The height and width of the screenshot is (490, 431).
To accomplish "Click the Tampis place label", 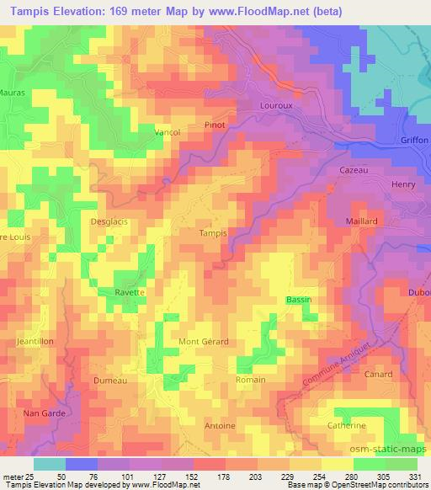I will click(x=212, y=233).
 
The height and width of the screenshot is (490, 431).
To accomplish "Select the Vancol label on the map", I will click(x=168, y=132).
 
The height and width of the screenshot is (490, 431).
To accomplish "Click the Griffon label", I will click(x=415, y=140).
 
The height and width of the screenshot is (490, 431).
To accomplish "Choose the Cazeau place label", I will click(x=355, y=170).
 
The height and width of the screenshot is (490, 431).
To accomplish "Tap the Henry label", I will click(x=404, y=184).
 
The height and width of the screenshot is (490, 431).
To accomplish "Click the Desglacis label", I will click(x=106, y=221).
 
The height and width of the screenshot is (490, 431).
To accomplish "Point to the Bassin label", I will click(x=298, y=301).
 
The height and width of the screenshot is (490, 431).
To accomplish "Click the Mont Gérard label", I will click(x=203, y=341).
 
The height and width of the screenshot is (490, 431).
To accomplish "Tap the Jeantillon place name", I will click(x=34, y=341).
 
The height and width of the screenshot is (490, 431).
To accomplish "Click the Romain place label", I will click(x=251, y=381).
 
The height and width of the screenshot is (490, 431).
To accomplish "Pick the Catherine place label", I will click(x=346, y=426).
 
